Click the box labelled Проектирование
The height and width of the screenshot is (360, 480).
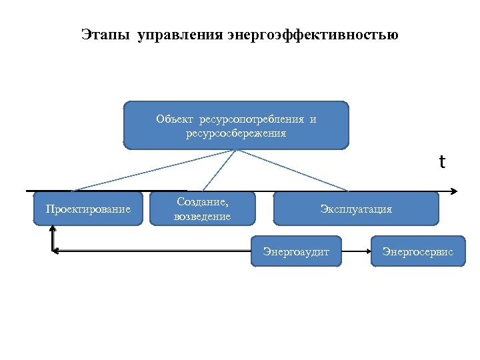pos(88,209)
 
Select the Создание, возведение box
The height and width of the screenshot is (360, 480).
pos(202,209)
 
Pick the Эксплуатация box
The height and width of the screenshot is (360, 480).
pos(356,209)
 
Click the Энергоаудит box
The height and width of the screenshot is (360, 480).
pos(296,251)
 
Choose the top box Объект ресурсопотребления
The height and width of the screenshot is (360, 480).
pos(236,125)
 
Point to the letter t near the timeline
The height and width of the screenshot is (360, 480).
pos(441,162)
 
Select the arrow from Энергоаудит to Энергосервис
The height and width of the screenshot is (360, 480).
pos(356,251)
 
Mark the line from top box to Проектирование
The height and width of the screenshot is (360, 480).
pos(153,170)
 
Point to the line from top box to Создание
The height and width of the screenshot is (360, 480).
pos(219,170)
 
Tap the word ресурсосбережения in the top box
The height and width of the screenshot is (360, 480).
pos(236,133)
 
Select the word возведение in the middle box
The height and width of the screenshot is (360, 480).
pos(202,217)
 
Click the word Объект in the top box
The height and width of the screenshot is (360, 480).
pos(174,119)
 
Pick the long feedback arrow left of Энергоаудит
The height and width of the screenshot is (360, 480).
pos(153,251)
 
